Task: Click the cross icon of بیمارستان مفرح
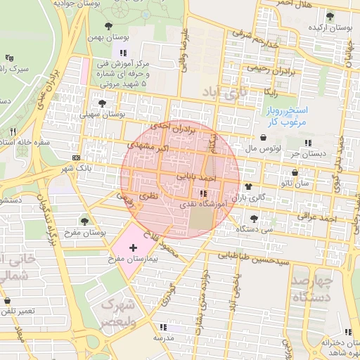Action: pos(133,248)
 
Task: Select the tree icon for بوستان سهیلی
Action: pos(103,103)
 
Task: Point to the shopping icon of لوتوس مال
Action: pos(262,138)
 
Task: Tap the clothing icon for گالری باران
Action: pos(248,186)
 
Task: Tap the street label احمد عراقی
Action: pos(317,217)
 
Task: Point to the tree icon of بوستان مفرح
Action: pos(85,221)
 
